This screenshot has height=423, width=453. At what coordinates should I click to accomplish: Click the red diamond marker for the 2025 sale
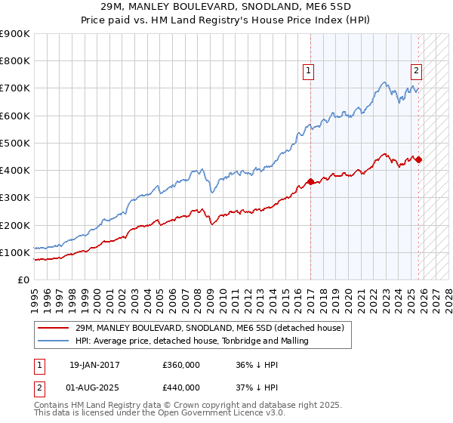click(x=419, y=159)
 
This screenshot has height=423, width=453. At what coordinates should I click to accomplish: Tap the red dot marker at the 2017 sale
click(x=310, y=181)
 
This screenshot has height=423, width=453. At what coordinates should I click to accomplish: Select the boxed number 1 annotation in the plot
click(x=310, y=72)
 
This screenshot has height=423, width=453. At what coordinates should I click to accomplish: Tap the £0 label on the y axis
click(x=23, y=280)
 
